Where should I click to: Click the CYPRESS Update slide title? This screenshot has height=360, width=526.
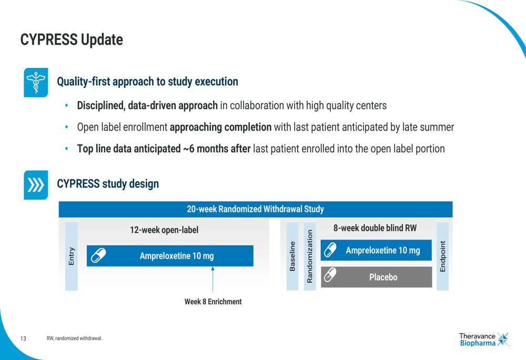click(x=72, y=39)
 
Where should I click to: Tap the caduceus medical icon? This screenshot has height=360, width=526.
click(x=36, y=83)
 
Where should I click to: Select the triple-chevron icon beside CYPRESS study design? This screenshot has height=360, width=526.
click(x=36, y=185)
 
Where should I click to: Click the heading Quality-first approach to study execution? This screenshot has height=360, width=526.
click(x=147, y=81)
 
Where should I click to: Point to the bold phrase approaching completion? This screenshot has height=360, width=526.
click(x=220, y=127)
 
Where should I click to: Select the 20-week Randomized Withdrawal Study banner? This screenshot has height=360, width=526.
click(x=256, y=209)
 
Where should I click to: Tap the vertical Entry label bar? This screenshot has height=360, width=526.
click(x=72, y=256)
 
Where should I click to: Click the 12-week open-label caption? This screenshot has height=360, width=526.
click(x=164, y=230)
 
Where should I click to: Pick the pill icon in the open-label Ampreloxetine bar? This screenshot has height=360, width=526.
click(x=99, y=255)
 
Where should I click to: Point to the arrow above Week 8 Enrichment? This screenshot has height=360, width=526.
click(x=213, y=279)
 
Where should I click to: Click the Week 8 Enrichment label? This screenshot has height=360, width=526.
click(x=213, y=302)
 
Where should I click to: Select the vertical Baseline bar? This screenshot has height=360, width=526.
click(x=292, y=256)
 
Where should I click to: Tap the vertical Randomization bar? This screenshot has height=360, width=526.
click(x=310, y=256)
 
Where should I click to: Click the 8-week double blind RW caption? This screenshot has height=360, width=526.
click(x=375, y=228)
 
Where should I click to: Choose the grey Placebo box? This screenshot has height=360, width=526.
click(x=377, y=277)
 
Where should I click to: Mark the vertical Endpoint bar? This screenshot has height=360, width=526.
click(x=442, y=256)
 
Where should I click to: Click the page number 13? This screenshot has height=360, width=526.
click(x=23, y=338)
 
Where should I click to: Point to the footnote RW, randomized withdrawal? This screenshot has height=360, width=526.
click(x=74, y=338)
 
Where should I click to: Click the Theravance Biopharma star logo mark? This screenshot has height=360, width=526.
click(x=503, y=339)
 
